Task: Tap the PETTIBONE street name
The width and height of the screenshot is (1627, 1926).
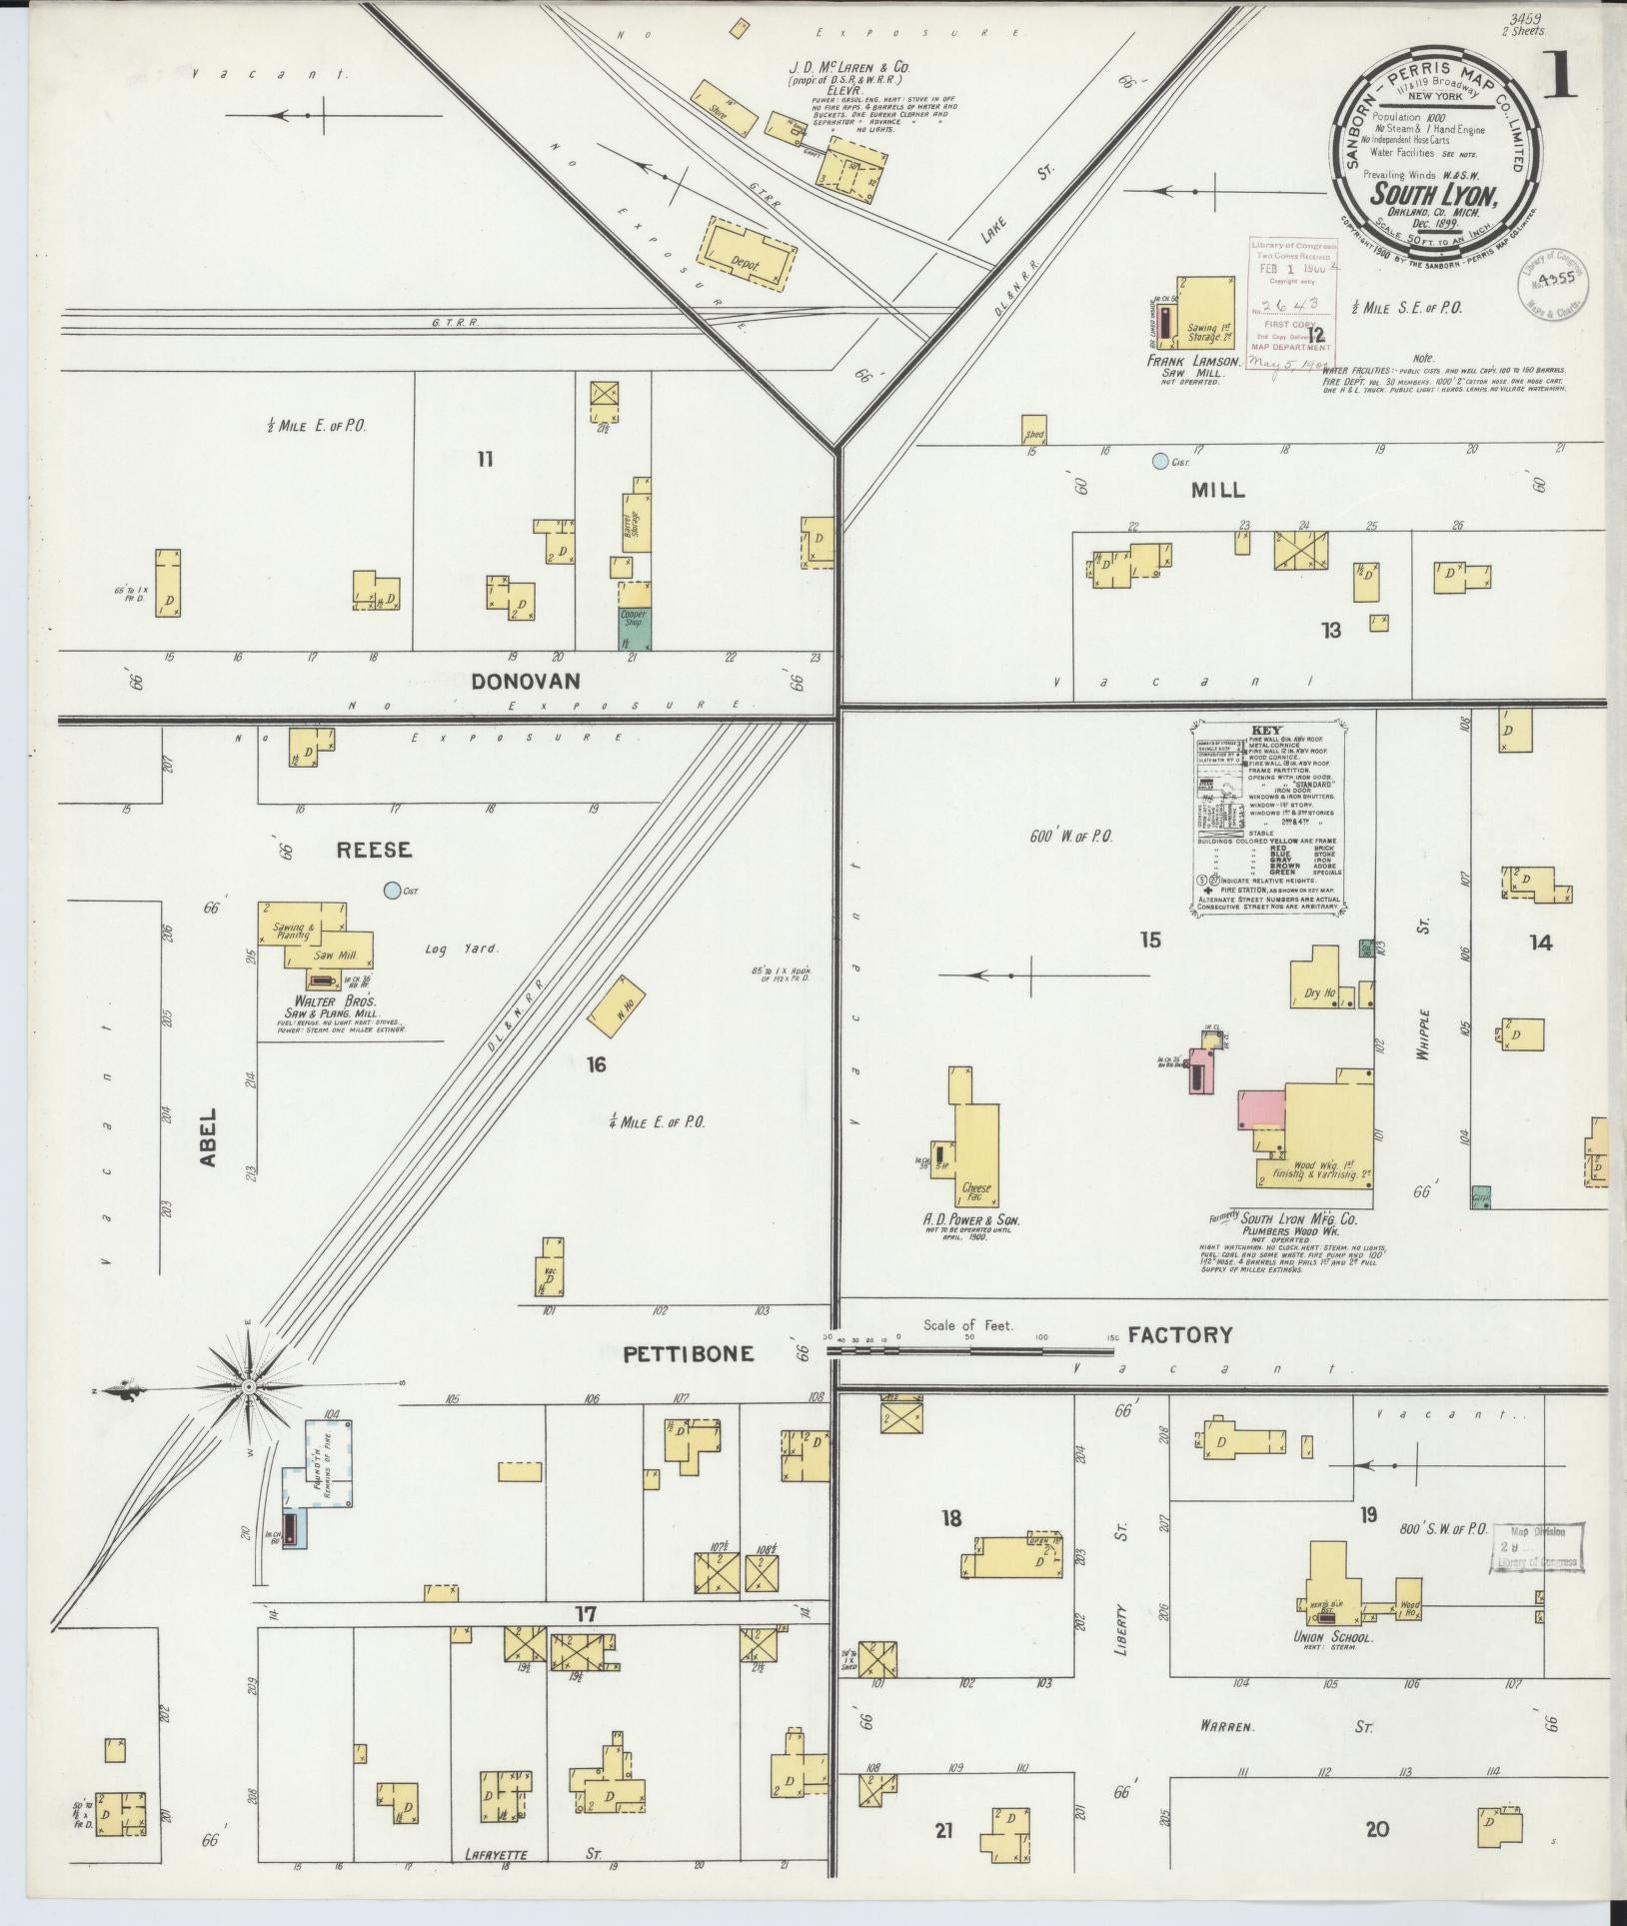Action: pos(688,1354)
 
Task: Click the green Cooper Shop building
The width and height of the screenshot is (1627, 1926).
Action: pos(634,627)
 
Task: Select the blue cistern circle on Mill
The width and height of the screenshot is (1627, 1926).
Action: pos(1159,462)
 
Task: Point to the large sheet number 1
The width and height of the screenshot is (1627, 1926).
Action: pos(1558,75)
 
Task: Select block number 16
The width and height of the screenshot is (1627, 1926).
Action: pos(597,1065)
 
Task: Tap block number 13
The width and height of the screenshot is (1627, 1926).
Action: pos(1331,631)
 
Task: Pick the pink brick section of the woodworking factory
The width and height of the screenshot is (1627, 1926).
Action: pos(1260,1109)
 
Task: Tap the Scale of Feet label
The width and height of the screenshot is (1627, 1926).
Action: pos(967,1325)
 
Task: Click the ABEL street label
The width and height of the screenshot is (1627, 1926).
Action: pos(208,1137)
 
